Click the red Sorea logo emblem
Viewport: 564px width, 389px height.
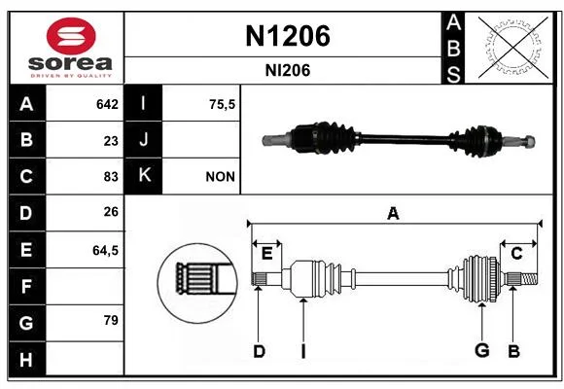point(71,36)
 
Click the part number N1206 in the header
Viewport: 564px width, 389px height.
point(288,36)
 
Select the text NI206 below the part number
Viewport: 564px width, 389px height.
point(288,70)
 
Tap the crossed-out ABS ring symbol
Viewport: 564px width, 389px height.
point(513,47)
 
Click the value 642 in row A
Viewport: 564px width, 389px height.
point(107,104)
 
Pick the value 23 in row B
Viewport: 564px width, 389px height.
point(111,141)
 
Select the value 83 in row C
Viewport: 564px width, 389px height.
point(111,177)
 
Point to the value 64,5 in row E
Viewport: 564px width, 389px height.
point(105,250)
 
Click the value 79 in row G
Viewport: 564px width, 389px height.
point(111,320)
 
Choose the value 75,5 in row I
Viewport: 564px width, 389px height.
point(222,104)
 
